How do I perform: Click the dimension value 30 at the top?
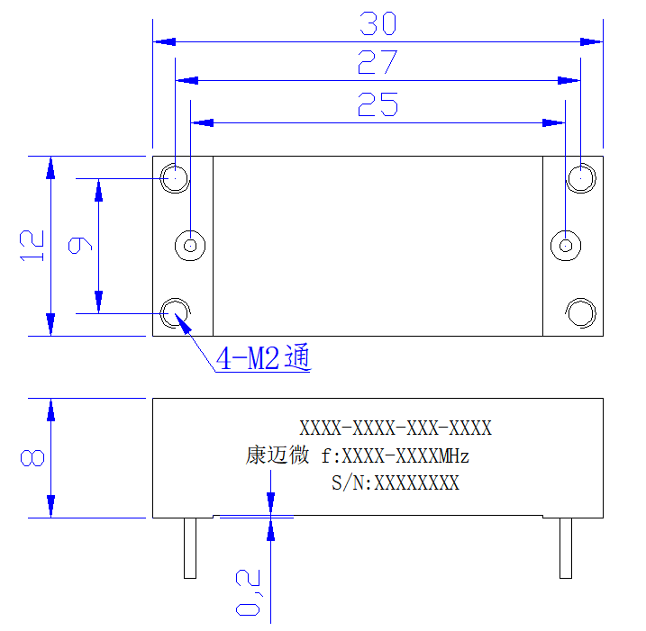378,23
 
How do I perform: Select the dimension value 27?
378,62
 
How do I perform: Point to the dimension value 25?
378,104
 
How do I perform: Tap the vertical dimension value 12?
32,246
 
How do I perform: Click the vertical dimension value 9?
80,246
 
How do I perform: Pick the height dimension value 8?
32,458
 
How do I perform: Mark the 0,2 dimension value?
248,592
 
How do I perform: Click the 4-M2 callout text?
263,357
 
